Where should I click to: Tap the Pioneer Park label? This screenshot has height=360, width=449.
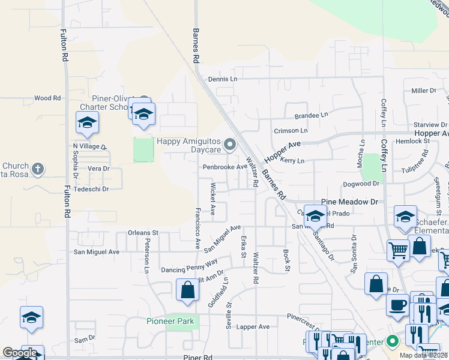170,321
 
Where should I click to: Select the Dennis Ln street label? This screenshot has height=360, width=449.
223,79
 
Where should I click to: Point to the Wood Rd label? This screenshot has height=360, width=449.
47,98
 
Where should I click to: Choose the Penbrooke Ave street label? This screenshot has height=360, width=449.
224,167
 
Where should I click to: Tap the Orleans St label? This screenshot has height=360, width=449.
143,232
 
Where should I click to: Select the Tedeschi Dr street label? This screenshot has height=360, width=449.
90,189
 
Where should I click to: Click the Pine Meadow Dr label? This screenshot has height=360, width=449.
350,202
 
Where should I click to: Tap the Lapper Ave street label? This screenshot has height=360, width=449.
253,326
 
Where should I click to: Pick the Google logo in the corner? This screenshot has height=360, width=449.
20,353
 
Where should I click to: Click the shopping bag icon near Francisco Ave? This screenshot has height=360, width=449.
187,290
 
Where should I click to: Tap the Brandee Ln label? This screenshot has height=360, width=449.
311,115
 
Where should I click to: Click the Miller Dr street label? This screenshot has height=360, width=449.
423,91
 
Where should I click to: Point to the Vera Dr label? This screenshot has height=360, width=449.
97,169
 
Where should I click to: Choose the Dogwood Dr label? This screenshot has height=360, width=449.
361,184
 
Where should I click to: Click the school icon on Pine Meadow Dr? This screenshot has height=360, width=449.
315,216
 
